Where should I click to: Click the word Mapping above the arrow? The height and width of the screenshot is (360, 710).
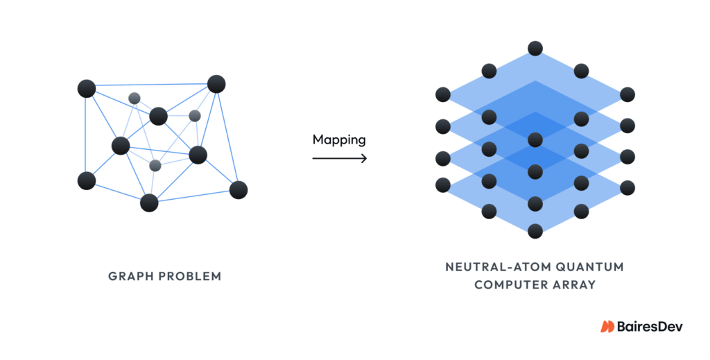(x=339, y=139)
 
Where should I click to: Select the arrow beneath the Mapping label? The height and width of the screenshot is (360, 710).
(x=339, y=159)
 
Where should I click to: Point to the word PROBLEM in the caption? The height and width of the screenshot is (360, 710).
(x=190, y=276)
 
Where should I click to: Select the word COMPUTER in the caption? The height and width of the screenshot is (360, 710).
(x=505, y=284)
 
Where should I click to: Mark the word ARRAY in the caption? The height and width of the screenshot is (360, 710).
(x=574, y=284)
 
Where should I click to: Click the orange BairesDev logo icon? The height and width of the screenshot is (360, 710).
(x=607, y=326)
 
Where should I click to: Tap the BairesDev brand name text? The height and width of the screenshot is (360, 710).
(x=650, y=326)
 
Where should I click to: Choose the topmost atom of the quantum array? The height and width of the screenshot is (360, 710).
(x=535, y=49)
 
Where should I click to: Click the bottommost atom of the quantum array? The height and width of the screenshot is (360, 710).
(x=535, y=231)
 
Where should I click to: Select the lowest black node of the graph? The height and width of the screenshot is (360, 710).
(x=149, y=203)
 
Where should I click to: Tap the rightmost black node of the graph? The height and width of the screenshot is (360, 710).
(x=239, y=189)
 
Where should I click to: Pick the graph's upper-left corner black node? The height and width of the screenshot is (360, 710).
(x=87, y=88)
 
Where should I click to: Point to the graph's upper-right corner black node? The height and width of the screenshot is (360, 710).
(x=216, y=84)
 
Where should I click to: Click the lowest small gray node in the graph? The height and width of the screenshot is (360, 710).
(x=155, y=165)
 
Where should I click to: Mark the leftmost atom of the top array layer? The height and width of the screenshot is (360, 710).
(x=442, y=94)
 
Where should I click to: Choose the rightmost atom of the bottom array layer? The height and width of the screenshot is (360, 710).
(x=627, y=187)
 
